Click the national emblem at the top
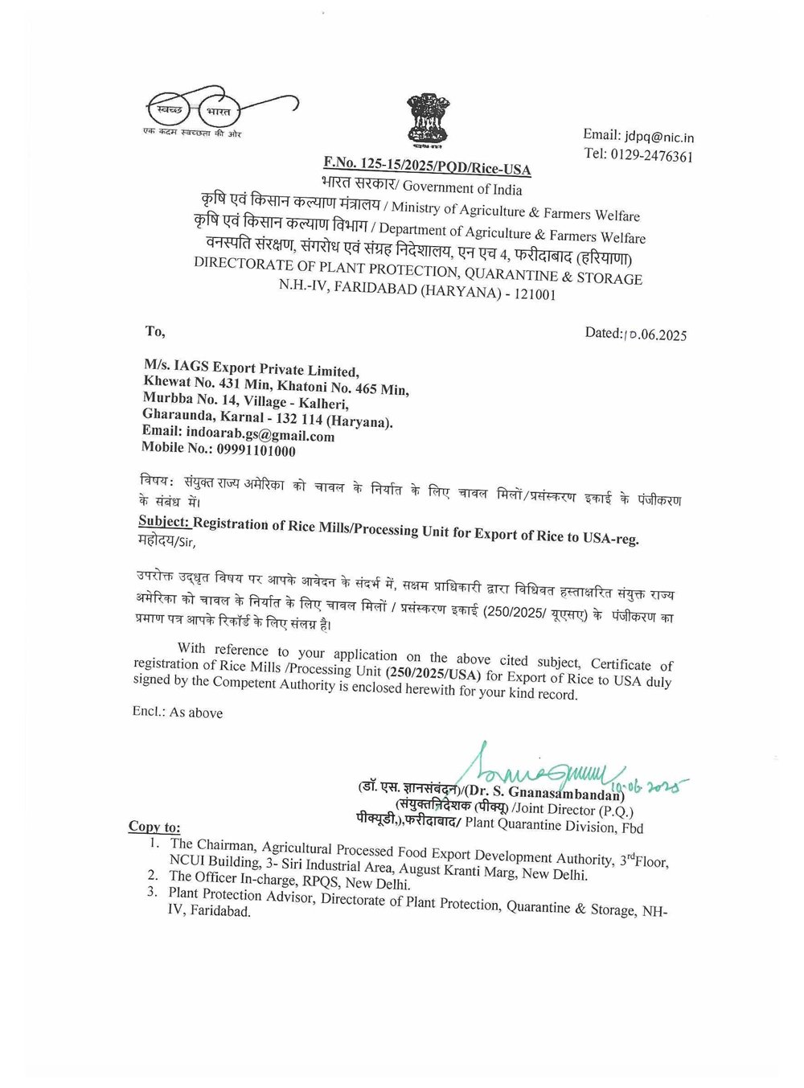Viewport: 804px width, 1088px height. [x=427, y=121]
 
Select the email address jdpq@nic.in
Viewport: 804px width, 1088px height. [x=660, y=138]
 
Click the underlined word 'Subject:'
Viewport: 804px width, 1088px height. [x=164, y=521]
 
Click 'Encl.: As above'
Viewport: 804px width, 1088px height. [x=178, y=712]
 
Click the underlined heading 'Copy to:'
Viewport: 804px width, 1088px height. [x=154, y=827]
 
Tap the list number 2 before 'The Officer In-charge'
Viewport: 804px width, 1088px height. [x=153, y=874]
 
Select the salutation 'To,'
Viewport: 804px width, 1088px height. [x=155, y=331]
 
